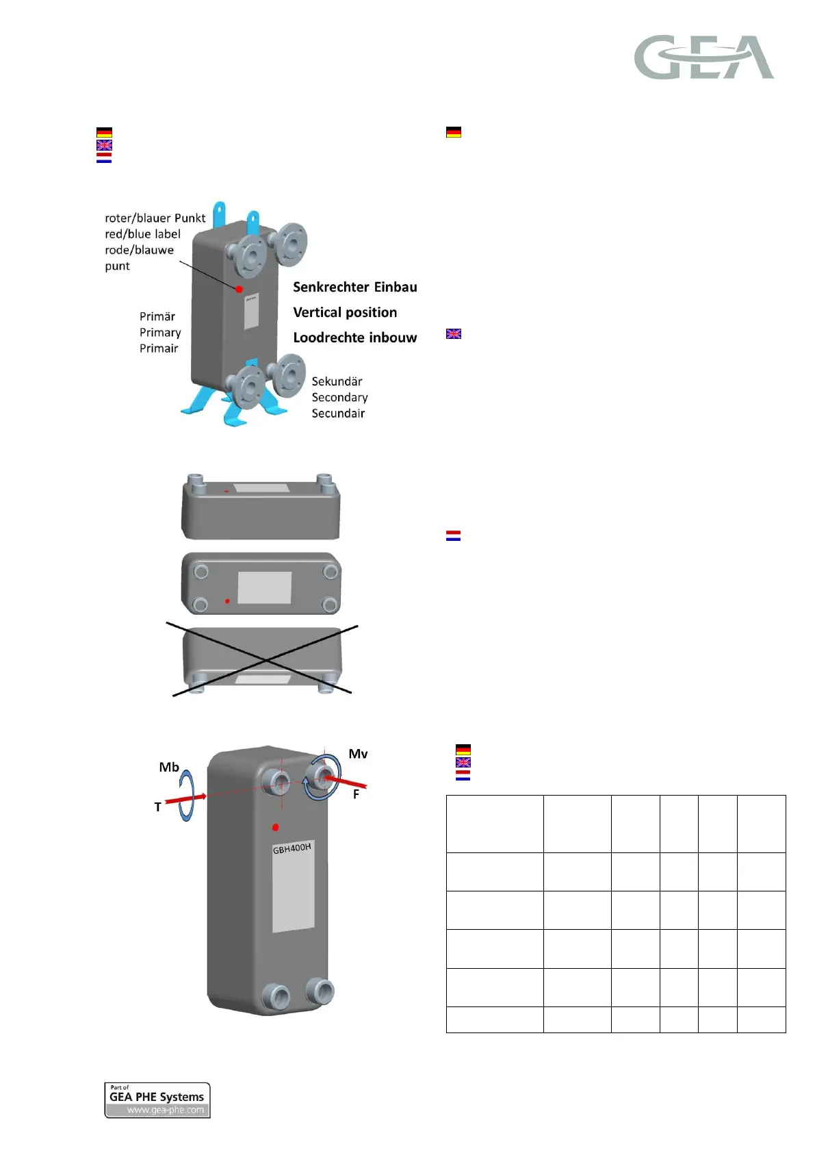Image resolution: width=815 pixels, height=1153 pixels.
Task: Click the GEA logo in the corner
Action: (x=703, y=58)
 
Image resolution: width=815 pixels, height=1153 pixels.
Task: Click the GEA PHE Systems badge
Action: (x=157, y=1100)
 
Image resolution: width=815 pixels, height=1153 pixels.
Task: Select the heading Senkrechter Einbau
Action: (x=354, y=287)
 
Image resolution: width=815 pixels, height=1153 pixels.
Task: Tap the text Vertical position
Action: (x=345, y=312)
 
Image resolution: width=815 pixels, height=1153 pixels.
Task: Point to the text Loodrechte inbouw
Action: (x=354, y=338)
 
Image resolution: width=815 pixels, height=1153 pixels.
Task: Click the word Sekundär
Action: (x=337, y=381)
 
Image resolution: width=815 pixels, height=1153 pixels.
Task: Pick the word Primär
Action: (x=157, y=316)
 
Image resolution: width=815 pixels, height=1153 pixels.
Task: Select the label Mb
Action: (x=169, y=767)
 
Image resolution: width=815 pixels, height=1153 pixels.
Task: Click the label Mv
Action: (x=358, y=754)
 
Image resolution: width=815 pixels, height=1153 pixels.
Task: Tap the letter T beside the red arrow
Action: (x=158, y=807)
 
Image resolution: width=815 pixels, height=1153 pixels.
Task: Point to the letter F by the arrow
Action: (x=356, y=795)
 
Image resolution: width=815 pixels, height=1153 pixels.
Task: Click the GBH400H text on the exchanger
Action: (x=292, y=848)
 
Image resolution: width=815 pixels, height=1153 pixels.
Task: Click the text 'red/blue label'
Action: (x=142, y=234)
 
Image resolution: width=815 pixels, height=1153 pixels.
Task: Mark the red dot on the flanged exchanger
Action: (x=240, y=289)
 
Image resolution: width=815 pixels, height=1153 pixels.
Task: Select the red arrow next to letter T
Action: (x=185, y=800)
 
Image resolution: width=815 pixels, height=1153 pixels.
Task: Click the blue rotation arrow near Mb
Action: (x=187, y=794)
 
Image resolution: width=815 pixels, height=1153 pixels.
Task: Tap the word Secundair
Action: (x=338, y=414)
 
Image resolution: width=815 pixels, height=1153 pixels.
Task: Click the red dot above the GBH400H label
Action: (x=275, y=827)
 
